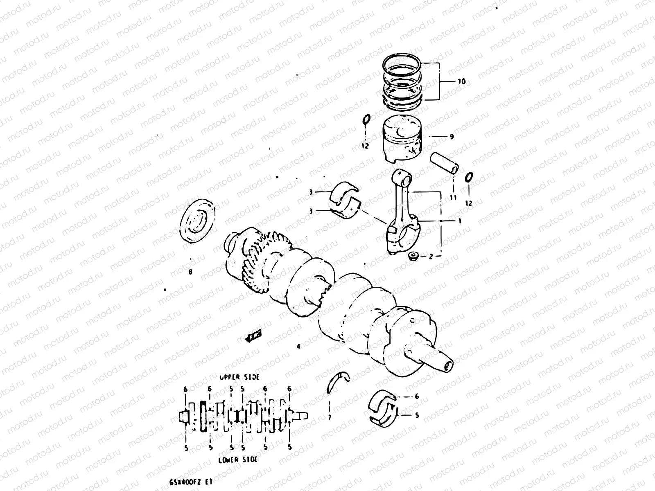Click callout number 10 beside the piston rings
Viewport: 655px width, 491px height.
click(x=461, y=81)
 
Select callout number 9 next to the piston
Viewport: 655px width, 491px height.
click(x=452, y=137)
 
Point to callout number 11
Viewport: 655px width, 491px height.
click(x=452, y=198)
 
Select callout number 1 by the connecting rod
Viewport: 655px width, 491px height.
click(x=460, y=221)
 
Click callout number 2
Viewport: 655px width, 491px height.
click(x=431, y=257)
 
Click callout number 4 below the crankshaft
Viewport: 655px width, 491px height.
click(x=298, y=346)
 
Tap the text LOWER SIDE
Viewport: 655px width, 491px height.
click(x=238, y=459)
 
